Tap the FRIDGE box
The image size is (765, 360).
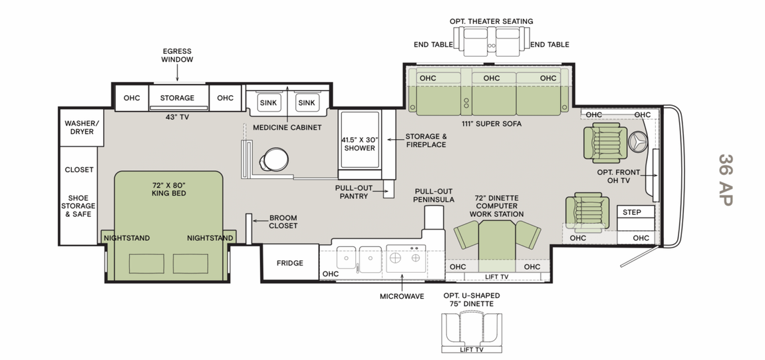point(289,263)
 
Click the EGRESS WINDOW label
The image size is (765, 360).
point(177,55)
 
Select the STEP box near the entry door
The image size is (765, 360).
point(632,212)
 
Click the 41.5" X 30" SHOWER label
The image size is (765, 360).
point(359,144)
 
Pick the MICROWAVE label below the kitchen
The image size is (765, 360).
point(402,296)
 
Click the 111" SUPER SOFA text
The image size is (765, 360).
point(491,124)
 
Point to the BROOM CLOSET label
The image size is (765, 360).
point(283,222)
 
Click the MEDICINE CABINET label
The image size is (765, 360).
point(287,128)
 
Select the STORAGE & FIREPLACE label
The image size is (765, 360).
point(426,140)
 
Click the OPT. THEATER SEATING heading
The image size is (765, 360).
point(491,21)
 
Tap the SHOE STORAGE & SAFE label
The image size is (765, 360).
point(78,206)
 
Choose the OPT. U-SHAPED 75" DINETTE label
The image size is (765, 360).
point(471,299)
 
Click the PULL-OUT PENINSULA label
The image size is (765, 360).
point(433,195)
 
